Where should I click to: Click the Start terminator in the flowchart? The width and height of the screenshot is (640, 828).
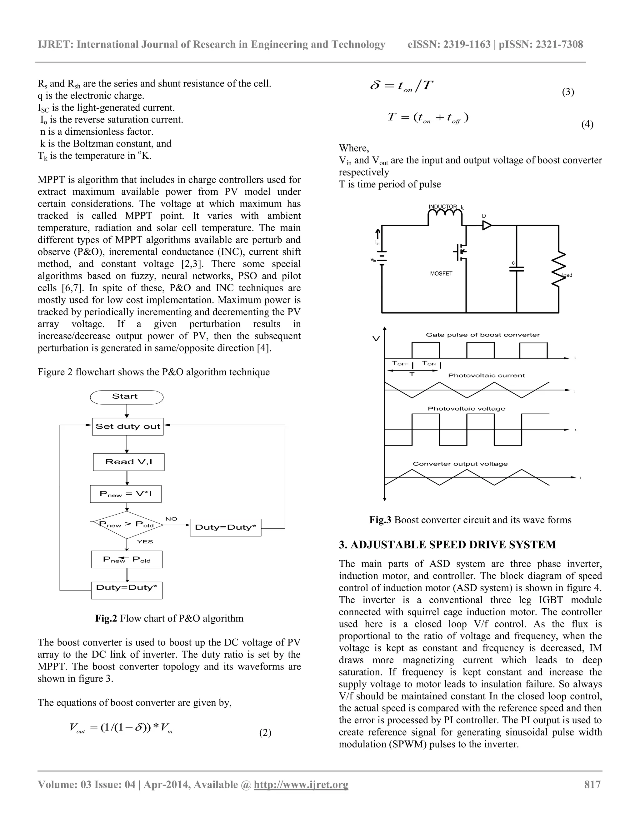[x=127, y=397]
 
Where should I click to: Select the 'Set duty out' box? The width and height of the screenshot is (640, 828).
[x=128, y=426]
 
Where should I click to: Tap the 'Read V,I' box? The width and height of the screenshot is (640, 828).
[x=128, y=462]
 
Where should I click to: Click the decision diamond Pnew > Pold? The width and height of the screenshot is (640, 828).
[x=127, y=525]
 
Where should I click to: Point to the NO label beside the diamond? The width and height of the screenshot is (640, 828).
[x=171, y=519]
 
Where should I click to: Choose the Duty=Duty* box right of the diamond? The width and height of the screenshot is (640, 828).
[x=225, y=527]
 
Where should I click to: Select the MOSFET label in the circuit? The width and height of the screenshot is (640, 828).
[x=441, y=273]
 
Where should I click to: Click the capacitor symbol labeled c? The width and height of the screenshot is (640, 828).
[x=516, y=269]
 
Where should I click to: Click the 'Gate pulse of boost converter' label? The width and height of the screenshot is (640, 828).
[x=482, y=335]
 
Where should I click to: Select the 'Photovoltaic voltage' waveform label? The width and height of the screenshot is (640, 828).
[x=466, y=409]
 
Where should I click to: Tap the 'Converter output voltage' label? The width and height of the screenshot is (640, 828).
[x=460, y=464]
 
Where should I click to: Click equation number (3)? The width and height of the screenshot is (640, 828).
[x=567, y=92]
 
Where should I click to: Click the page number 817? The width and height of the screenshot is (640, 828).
[x=592, y=784]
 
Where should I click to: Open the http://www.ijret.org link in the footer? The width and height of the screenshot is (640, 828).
[x=301, y=784]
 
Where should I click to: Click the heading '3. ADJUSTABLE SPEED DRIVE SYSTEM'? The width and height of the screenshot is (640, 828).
[x=447, y=545]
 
